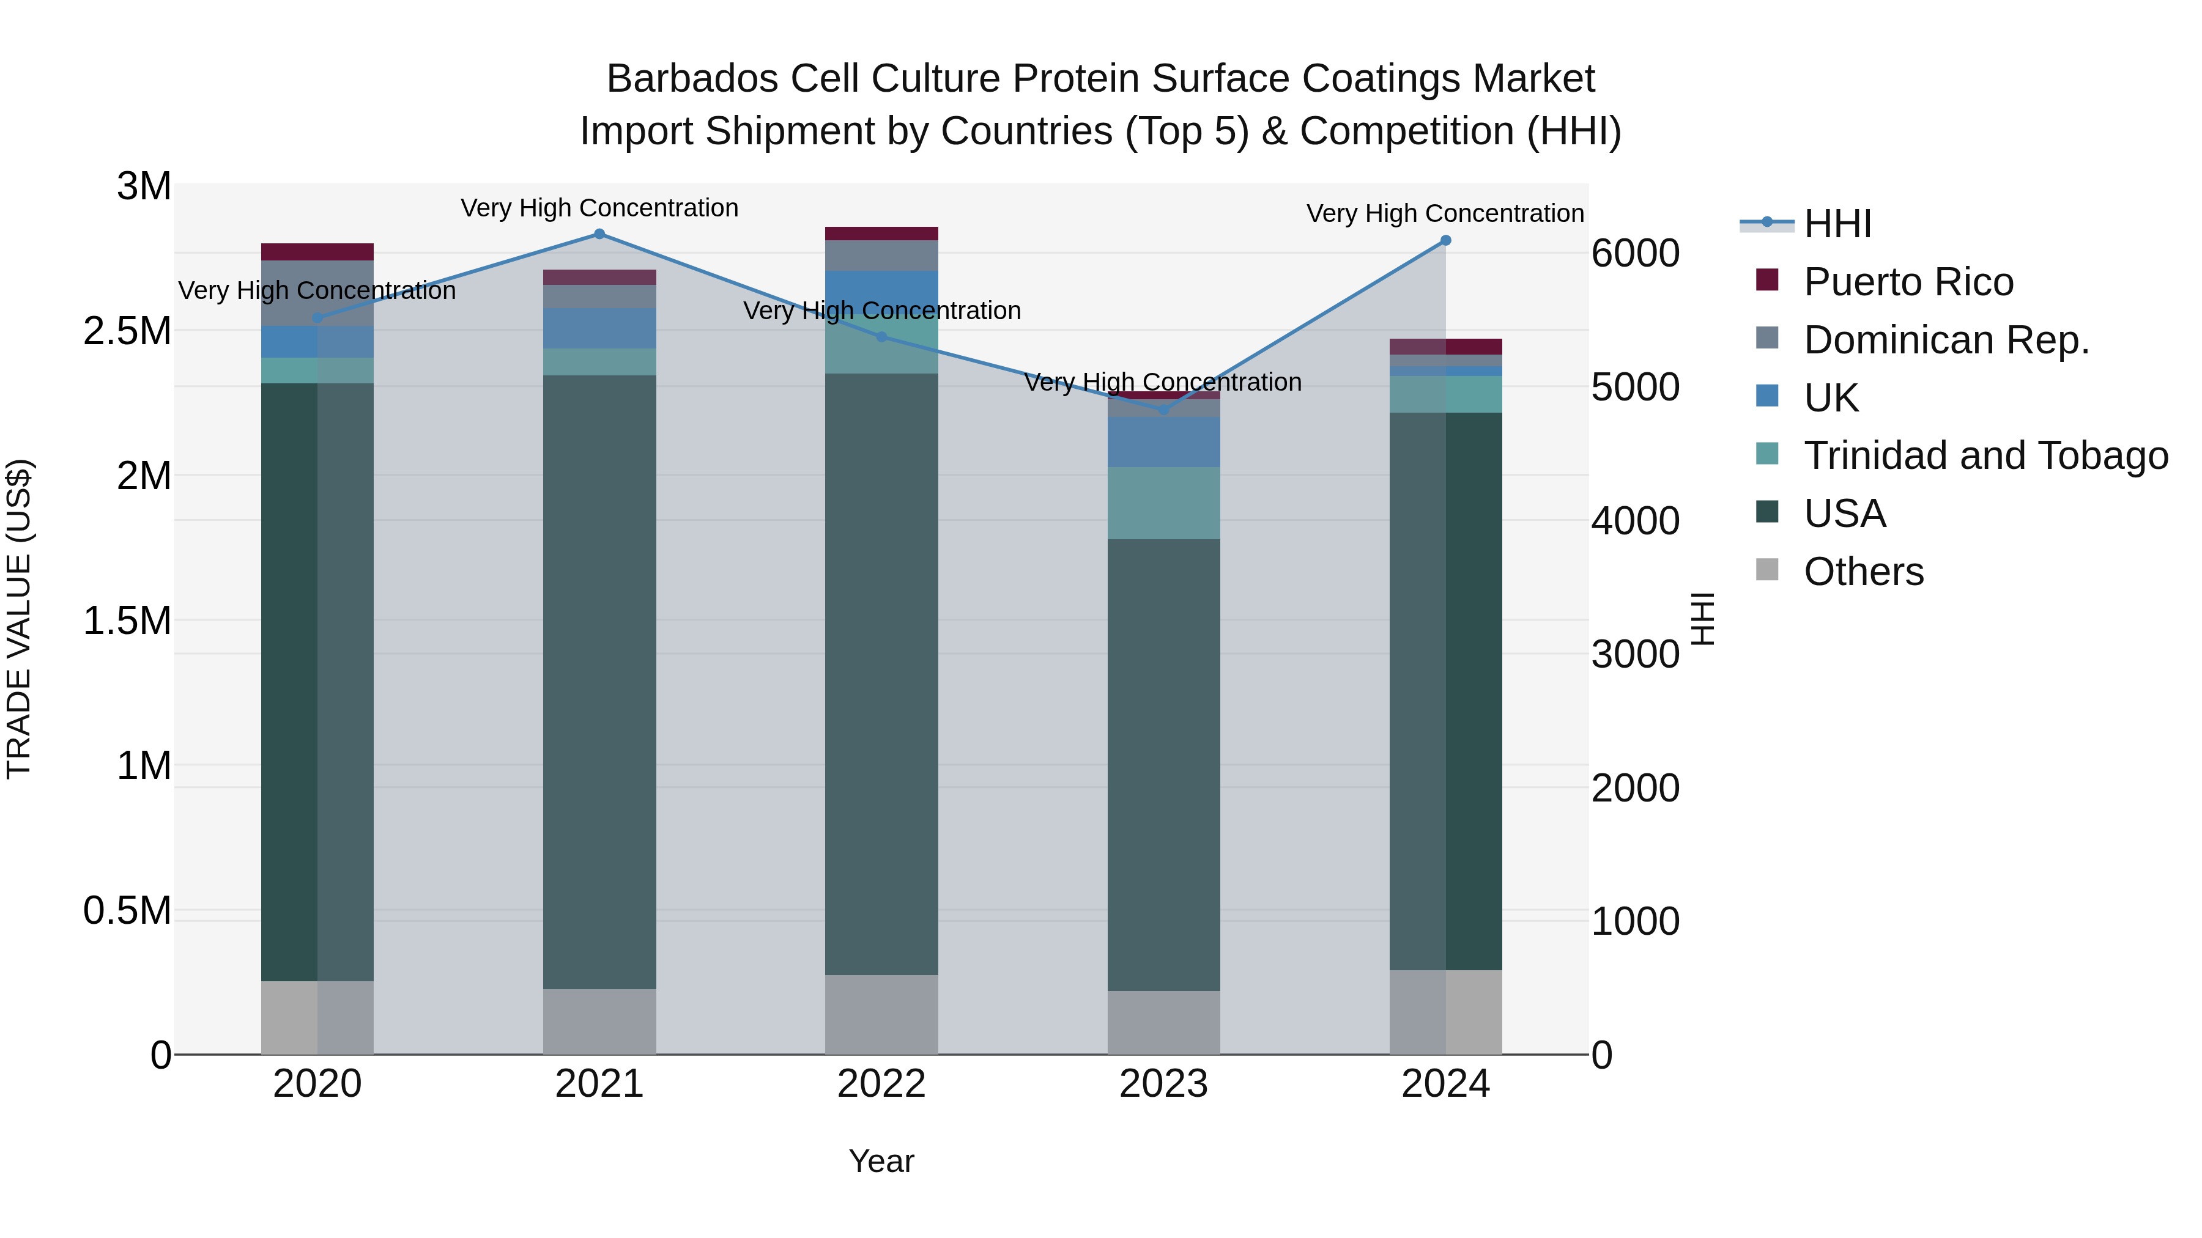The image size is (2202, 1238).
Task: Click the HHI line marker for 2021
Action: [x=599, y=234]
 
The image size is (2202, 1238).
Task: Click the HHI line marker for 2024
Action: [x=1445, y=241]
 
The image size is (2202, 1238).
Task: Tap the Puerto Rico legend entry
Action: [x=1908, y=282]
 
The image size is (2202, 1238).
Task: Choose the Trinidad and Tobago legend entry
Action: [x=1985, y=455]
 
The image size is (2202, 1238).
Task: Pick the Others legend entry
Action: [x=1864, y=572]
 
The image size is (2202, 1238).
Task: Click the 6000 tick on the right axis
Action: [x=1635, y=254]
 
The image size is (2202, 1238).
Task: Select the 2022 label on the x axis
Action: [x=881, y=1084]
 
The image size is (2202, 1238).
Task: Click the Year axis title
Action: [x=881, y=1161]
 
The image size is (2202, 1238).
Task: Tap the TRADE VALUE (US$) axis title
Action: [x=19, y=619]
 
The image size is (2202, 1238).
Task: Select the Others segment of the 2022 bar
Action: [x=881, y=1014]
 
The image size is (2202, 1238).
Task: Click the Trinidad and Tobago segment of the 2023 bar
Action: [x=1163, y=503]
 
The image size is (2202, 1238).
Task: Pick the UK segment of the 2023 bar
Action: [x=1163, y=442]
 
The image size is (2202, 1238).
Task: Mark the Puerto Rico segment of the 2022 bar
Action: [x=881, y=234]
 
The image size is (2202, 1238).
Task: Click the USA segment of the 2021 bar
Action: [x=599, y=682]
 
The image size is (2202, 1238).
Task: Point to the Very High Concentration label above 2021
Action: [x=599, y=208]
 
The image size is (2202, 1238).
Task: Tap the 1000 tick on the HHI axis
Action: [x=1635, y=922]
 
